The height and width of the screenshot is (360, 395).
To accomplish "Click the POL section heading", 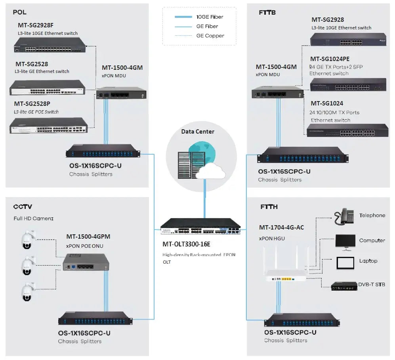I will click(x=19, y=12).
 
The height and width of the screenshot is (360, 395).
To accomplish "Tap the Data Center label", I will click(x=198, y=132).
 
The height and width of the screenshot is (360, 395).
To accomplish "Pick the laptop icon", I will click(x=345, y=262).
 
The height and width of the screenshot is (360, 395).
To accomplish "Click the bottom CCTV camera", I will click(x=27, y=291).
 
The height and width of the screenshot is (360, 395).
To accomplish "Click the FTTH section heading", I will click(x=269, y=207).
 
